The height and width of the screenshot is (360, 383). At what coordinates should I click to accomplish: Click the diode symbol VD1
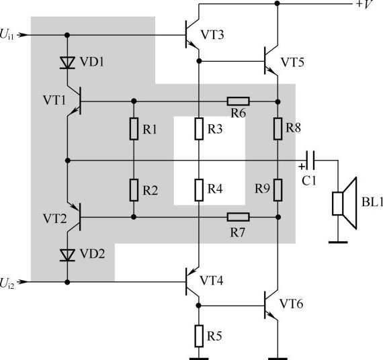point(67,62)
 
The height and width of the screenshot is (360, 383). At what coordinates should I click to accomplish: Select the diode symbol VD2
point(67,255)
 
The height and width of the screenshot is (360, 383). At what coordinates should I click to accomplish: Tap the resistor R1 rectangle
point(134,129)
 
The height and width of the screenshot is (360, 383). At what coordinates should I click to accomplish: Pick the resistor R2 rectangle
point(134,190)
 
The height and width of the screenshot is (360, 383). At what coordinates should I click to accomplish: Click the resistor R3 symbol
point(199,129)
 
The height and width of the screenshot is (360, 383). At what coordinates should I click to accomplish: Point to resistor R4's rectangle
point(199,190)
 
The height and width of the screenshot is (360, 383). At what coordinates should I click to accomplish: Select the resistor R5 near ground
point(199,336)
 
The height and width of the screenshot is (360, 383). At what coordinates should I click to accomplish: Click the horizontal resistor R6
point(238,101)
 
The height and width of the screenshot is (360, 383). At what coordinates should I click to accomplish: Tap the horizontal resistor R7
point(238,217)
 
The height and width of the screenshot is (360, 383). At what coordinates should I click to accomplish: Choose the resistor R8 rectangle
point(278,129)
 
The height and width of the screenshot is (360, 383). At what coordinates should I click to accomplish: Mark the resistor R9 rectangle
point(278,190)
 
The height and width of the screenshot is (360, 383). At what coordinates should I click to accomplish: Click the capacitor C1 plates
point(310,161)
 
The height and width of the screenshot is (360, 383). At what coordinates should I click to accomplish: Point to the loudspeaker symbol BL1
point(345,204)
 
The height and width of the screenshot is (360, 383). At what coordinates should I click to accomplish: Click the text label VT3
point(212,35)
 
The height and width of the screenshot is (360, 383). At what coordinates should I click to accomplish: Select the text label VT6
point(291,304)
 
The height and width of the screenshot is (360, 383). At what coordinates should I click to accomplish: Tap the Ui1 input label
point(7,34)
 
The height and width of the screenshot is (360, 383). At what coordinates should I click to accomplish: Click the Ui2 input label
point(7,283)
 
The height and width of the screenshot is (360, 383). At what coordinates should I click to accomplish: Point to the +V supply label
point(365,5)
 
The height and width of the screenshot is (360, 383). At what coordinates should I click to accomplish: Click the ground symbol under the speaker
point(338,242)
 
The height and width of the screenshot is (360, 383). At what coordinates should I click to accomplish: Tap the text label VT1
point(54,100)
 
